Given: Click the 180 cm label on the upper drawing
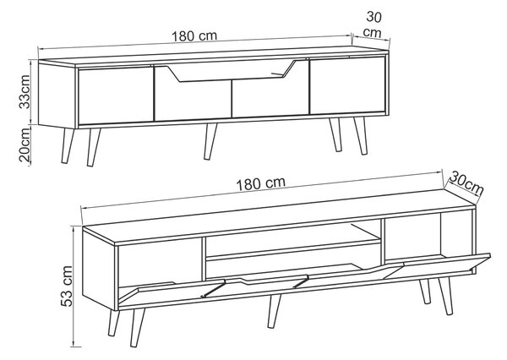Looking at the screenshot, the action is [194, 35].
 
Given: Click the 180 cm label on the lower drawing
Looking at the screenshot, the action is [261, 183].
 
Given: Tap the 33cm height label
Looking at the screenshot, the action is [25, 92].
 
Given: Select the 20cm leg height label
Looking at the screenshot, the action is [25, 144].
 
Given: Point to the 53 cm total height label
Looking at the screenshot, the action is [67, 286].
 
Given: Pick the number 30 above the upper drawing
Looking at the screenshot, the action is [373, 17].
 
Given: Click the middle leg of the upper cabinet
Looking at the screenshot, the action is [210, 141].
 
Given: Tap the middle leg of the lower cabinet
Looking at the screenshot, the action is [274, 310].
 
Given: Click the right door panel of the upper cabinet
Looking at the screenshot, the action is [347, 85].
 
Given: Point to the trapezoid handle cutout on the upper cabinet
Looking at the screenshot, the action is [232, 70].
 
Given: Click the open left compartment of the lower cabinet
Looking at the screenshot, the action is [160, 262].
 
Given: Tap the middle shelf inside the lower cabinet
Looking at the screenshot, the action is [292, 248].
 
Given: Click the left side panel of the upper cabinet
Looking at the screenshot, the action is [57, 95].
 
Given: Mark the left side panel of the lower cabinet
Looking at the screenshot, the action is [99, 270].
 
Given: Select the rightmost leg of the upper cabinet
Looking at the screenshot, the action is [360, 135].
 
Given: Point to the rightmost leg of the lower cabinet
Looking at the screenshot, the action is [445, 296].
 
